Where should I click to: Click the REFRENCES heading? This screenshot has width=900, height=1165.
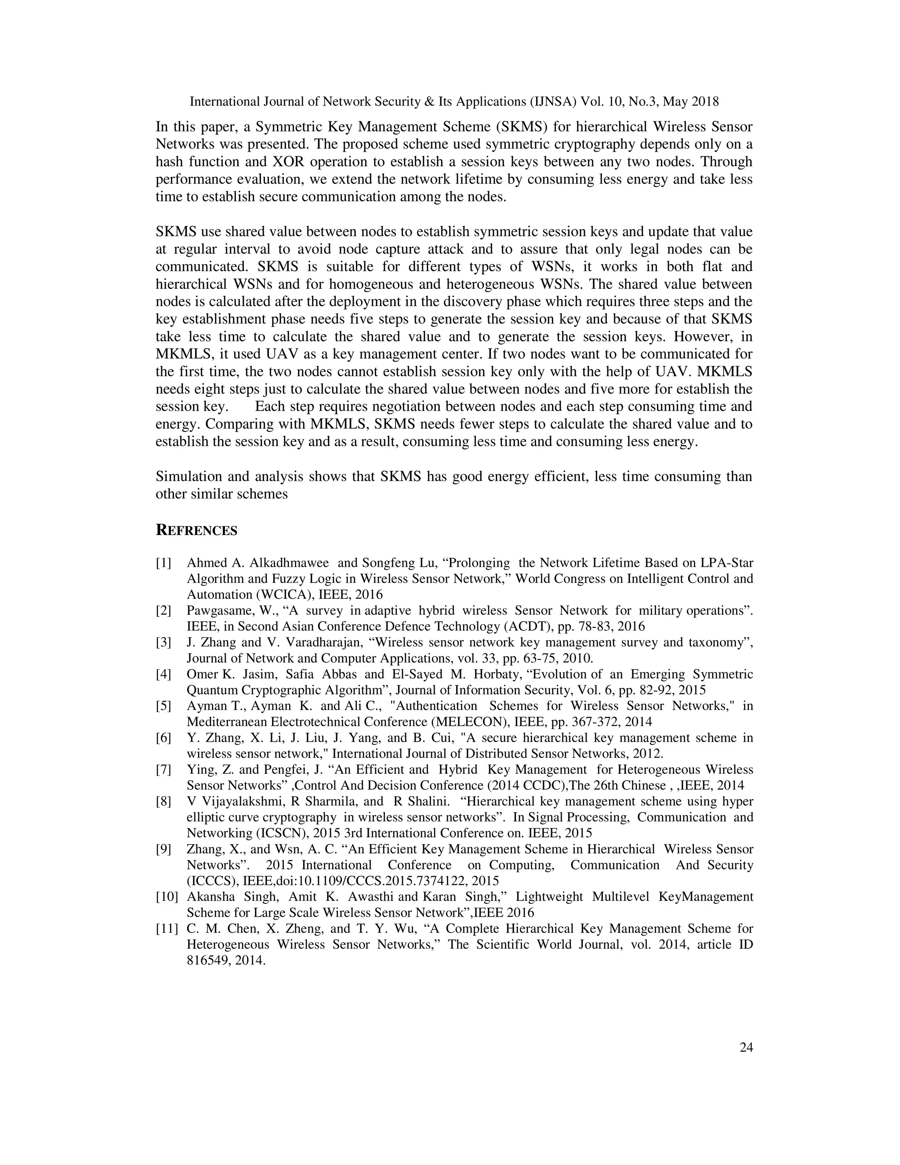click(196, 531)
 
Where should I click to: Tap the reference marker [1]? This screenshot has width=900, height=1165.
click(163, 563)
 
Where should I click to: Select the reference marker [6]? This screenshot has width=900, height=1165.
click(163, 738)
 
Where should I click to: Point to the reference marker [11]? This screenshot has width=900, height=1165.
click(167, 928)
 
